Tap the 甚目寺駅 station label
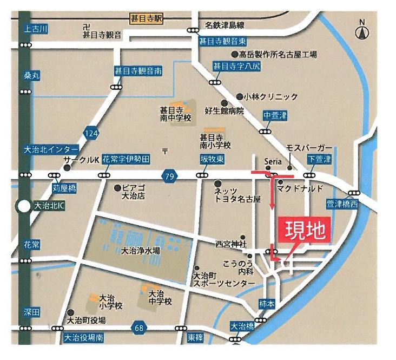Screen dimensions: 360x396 147,18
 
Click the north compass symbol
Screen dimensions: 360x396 362,31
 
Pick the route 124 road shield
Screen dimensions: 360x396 91,132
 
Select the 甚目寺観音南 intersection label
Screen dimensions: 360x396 138,70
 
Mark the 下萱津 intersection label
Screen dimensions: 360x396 319,159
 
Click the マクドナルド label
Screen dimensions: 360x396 300,188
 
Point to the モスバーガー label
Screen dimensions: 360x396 308,148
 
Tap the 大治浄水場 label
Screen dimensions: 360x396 140,251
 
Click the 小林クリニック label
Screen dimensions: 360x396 270,97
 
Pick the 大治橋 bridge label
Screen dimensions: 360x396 242,326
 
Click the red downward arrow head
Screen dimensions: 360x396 272,207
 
